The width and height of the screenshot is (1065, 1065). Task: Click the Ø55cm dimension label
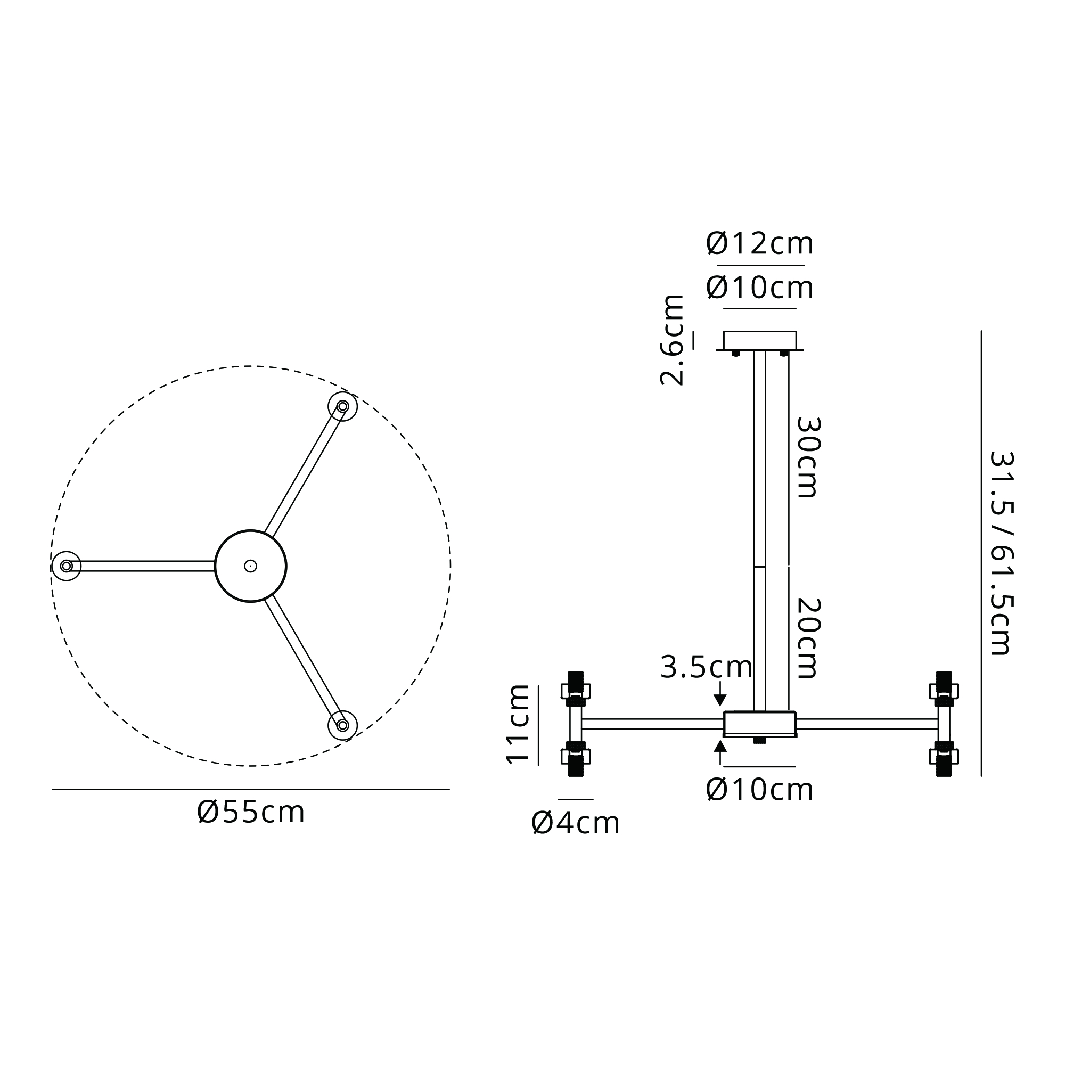tap(251, 812)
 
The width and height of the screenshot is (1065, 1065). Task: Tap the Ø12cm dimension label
tap(760, 243)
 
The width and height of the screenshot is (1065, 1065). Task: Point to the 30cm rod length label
tap(809, 457)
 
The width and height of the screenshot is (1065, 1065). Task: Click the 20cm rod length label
tap(809, 638)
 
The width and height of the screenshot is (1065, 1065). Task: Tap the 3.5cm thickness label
tap(706, 668)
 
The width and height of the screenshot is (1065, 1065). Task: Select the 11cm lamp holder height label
tap(518, 723)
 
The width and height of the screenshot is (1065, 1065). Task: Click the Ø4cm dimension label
tap(576, 824)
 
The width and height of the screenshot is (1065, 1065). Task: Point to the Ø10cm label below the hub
tap(760, 790)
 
